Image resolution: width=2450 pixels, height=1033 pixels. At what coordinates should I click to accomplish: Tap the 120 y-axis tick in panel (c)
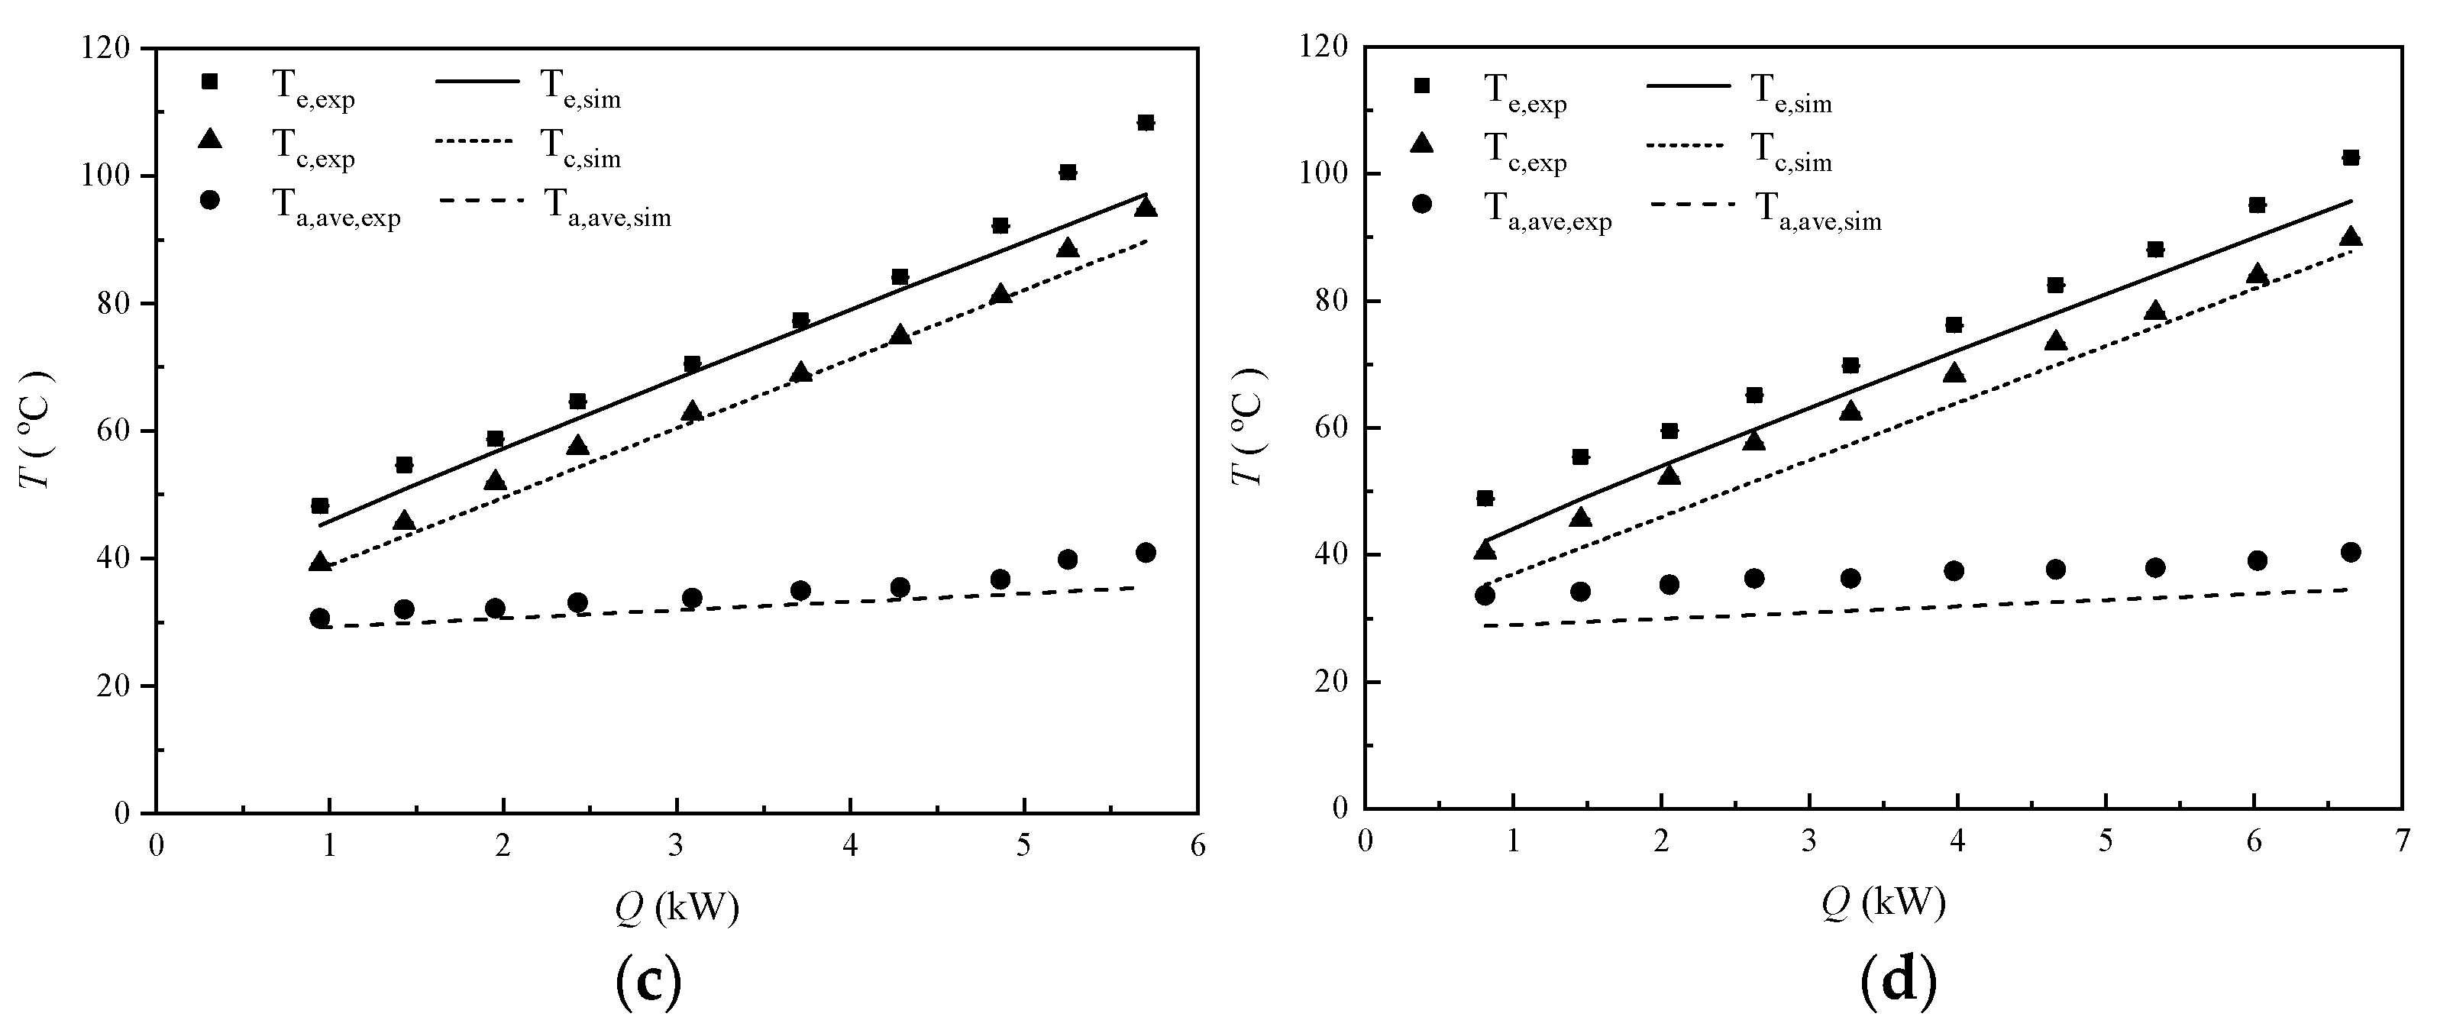tap(112, 47)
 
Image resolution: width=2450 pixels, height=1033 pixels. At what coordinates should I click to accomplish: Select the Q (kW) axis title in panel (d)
tap(1883, 902)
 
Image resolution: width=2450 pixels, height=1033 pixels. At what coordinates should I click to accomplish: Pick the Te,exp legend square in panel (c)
tap(210, 82)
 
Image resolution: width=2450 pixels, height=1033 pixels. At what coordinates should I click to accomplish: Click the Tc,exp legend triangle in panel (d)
tap(1422, 143)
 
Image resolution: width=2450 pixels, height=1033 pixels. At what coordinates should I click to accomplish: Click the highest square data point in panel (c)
tap(1145, 123)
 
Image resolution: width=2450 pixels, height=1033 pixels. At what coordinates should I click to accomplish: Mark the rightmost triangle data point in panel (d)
tap(2350, 237)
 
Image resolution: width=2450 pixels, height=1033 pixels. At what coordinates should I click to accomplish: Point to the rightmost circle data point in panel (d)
tap(2350, 553)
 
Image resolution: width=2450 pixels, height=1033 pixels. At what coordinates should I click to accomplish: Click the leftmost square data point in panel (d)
tap(1485, 499)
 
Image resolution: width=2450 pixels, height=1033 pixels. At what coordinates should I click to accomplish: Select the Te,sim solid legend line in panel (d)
tap(1687, 86)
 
